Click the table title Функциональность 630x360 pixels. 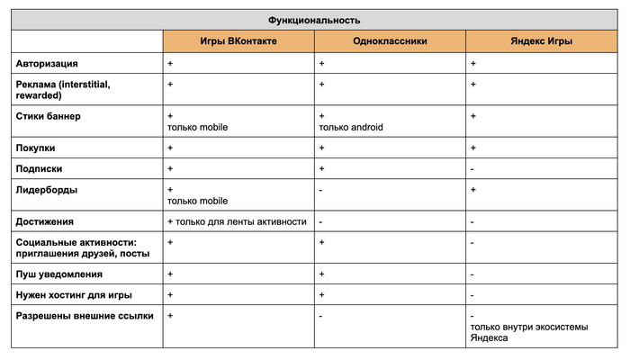coord(314,20)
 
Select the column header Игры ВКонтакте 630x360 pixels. coord(238,41)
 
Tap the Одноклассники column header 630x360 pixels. coord(390,41)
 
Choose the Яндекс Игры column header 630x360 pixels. coord(542,41)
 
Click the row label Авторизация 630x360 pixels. coord(47,64)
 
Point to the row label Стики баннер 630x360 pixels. coord(49,116)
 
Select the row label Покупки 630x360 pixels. coord(37,148)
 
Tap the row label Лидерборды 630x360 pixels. coord(45,190)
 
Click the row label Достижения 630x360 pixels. coord(45,221)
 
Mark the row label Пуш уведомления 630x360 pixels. coord(59,274)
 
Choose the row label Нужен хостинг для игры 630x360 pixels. coord(74,294)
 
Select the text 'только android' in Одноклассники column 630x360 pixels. coord(351,127)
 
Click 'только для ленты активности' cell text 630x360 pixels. coord(242,221)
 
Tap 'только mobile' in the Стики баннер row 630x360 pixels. coord(197,127)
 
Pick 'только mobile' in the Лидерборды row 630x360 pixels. coord(197,201)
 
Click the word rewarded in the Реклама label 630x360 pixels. coord(39,94)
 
